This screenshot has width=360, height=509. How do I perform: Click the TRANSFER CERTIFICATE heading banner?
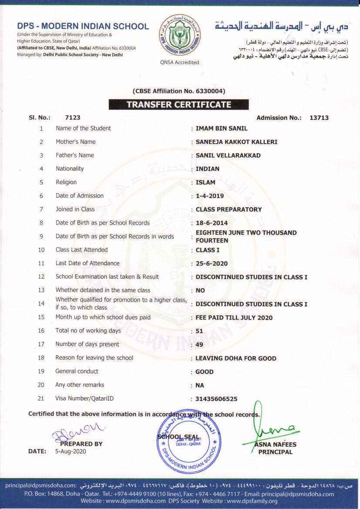coord(178,104)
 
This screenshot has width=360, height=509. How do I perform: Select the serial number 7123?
coord(72,118)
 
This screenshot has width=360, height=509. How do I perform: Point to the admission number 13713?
coord(319,118)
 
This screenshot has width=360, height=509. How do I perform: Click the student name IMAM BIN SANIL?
coord(221,128)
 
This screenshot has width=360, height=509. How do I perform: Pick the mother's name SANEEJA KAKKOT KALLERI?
coord(236,142)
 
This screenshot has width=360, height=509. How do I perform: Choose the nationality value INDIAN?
coord(207,169)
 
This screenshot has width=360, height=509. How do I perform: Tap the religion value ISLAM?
coord(205,182)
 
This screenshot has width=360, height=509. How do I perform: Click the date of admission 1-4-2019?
coord(209,196)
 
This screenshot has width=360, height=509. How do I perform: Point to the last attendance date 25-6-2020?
coord(212,263)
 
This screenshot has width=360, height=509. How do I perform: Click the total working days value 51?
coord(199,331)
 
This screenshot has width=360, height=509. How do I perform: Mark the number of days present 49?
coord(200,345)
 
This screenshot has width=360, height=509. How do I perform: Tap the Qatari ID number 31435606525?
coord(216,399)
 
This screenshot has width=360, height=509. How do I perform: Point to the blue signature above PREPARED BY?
coord(78,431)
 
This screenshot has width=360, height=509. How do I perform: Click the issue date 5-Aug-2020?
coord(71,452)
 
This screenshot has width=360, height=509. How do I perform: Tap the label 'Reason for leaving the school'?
coord(94,358)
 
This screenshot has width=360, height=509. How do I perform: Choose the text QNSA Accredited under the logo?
coord(179,62)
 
